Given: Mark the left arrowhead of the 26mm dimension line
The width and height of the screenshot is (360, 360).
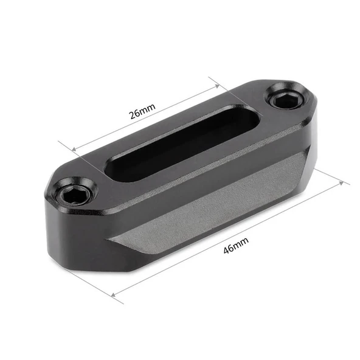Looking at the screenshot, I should pyautogui.click(x=75, y=150).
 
